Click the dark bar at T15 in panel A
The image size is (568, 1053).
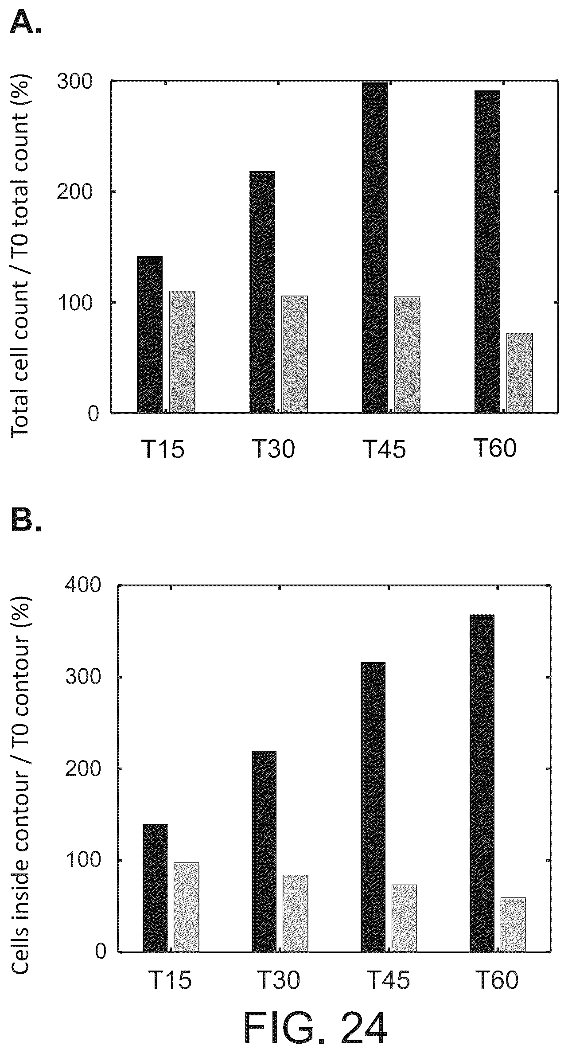(149, 335)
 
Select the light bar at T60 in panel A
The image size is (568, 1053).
(520, 373)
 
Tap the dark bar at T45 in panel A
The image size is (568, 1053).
(374, 248)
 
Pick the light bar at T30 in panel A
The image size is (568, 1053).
(295, 354)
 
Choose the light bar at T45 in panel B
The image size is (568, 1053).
(404, 917)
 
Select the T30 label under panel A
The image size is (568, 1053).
(273, 449)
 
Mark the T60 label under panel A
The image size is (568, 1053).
(495, 449)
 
